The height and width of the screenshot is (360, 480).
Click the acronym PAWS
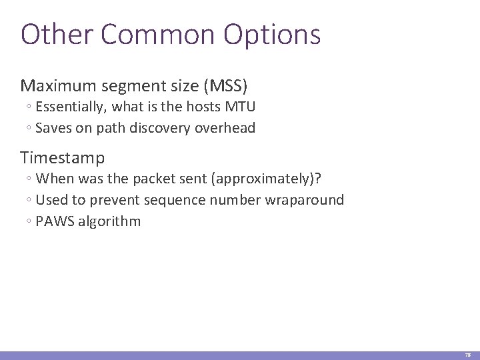[x=56, y=221]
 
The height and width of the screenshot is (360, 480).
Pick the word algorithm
[x=110, y=221]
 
